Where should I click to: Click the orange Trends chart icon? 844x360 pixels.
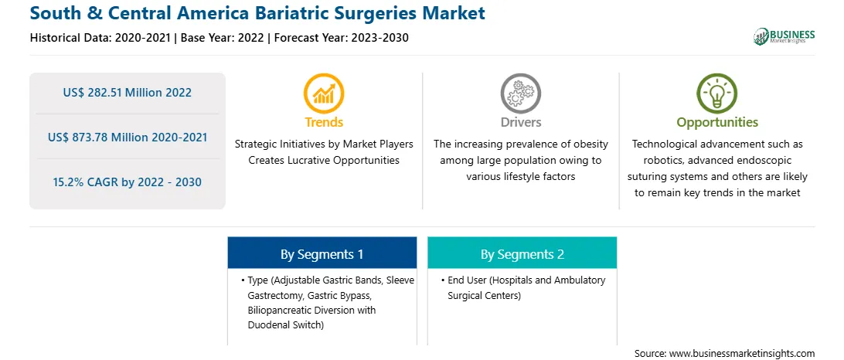[324, 93]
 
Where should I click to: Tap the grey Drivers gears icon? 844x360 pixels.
[520, 93]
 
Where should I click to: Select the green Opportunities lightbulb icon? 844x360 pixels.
[717, 93]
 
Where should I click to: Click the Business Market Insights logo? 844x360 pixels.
[784, 36]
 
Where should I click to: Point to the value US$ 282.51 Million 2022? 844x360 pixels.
[127, 93]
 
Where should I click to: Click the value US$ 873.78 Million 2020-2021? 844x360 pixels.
[127, 138]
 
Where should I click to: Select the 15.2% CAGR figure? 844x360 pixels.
[127, 182]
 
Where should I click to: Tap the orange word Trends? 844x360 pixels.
[324, 123]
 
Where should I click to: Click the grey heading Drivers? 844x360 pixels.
[520, 123]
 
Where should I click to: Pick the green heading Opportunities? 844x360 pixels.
[717, 123]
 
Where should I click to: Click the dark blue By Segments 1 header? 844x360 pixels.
[322, 253]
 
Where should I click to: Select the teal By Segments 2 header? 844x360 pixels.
[522, 253]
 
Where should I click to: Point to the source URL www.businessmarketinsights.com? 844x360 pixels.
[742, 354]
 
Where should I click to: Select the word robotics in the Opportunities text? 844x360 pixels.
[654, 161]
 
